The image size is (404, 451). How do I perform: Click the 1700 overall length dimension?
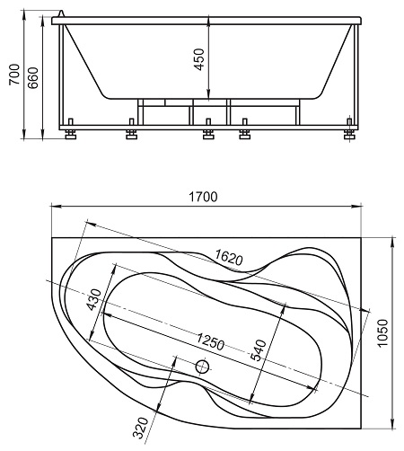coord(203,197)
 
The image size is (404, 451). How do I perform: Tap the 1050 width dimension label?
coord(382,333)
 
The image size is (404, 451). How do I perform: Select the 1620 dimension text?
coord(229,257)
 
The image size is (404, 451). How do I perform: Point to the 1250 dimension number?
coord(210,341)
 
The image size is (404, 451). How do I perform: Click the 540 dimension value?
coord(258,350)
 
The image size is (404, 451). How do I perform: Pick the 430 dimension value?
coord(94,299)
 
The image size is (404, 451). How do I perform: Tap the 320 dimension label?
coord(141,428)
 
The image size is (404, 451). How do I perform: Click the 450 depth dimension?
coord(199,59)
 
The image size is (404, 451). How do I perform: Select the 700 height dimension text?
coord(14,75)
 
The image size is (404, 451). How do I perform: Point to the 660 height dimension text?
coord(33,78)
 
